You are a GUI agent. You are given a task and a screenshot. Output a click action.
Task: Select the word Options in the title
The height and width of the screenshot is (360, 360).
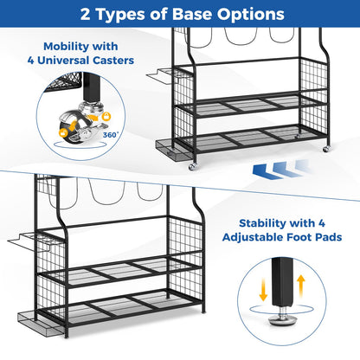point(251,15)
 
